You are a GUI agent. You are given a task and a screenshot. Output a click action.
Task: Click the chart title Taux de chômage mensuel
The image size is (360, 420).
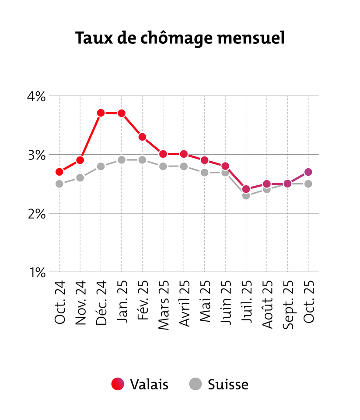click(180, 38)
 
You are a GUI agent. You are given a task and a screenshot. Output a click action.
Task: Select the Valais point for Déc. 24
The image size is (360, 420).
click(101, 113)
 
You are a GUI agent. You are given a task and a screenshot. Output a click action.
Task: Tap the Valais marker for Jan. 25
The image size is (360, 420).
click(122, 113)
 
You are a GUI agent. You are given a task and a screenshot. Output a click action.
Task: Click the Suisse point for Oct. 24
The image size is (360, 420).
click(59, 184)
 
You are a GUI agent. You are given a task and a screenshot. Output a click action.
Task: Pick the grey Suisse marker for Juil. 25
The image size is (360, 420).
click(246, 195)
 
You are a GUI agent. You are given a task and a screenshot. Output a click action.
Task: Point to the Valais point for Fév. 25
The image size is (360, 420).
click(142, 137)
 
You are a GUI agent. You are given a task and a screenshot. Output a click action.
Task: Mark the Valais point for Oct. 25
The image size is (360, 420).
click(308, 172)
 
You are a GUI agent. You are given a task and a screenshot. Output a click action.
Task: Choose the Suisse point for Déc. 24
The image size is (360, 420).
click(101, 166)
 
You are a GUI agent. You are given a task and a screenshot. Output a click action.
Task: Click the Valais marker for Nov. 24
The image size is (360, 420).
click(80, 160)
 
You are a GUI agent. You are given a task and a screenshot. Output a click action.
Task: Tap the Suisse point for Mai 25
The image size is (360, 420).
click(205, 172)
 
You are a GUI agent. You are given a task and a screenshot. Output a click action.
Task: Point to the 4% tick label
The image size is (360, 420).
click(37, 96)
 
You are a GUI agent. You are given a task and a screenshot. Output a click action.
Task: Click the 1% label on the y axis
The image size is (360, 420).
click(38, 273)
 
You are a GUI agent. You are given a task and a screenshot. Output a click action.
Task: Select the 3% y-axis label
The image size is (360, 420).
click(37, 155)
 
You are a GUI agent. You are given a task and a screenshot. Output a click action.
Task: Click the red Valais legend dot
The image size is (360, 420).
click(118, 384)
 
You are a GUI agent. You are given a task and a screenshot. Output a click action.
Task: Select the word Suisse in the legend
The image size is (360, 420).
click(228, 385)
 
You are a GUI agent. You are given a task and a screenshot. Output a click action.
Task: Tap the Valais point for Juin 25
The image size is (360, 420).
click(225, 166)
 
